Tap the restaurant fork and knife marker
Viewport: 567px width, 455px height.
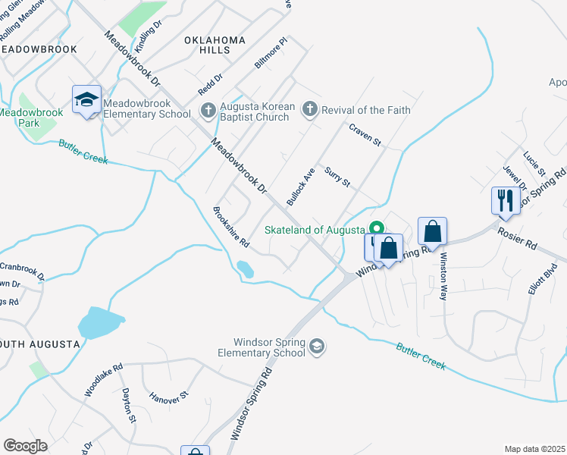[503, 201]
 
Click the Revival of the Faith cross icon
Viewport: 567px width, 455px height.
[309, 110]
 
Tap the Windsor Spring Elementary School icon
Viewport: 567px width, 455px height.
[317, 347]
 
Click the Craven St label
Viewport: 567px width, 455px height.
[365, 137]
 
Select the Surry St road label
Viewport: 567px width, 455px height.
[337, 179]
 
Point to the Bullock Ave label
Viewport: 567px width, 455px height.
[300, 187]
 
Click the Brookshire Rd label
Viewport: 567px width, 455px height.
[231, 227]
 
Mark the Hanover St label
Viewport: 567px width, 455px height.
[168, 397]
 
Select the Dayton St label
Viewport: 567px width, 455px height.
[128, 406]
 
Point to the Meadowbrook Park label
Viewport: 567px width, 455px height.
[29, 118]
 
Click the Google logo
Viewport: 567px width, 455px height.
[26, 446]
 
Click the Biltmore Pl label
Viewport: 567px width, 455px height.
[271, 56]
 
